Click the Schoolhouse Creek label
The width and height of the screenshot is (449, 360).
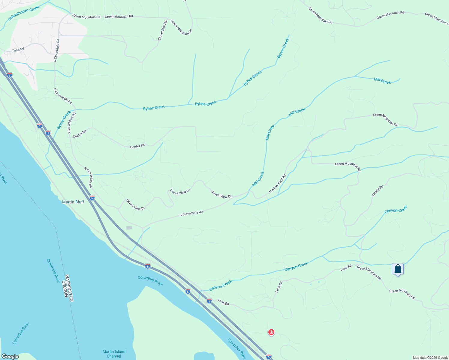tap(24, 13)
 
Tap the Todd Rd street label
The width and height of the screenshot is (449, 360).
tap(18, 50)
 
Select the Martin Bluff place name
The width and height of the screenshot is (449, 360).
tap(73, 202)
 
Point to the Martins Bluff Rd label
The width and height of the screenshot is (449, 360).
tap(277, 184)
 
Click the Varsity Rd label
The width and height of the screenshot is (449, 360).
tap(378, 191)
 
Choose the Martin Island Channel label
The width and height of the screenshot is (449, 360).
tap(114, 354)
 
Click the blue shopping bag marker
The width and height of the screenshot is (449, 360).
tap(398, 269)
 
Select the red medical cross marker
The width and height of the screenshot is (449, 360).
tap(271, 332)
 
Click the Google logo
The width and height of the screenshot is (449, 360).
tap(10, 356)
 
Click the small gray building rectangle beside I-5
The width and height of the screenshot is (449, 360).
tap(129, 228)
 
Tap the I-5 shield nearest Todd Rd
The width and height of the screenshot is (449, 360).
tap(10, 75)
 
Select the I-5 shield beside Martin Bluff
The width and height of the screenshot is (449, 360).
tap(92, 198)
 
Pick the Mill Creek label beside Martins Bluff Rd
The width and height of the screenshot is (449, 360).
tap(258, 179)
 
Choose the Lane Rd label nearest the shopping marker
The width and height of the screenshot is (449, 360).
tap(346, 267)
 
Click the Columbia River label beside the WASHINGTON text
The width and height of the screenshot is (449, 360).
tap(53, 271)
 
